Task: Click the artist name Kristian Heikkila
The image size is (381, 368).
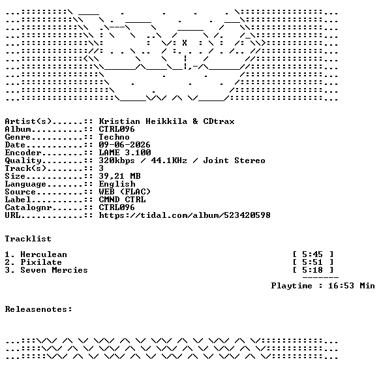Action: coord(143,121)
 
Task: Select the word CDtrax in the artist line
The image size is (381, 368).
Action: coord(219,121)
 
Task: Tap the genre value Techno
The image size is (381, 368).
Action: coord(114,137)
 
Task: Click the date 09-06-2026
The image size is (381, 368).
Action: coord(125,145)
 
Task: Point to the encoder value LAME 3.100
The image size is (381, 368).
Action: coord(125,153)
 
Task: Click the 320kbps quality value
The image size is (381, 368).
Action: coord(117,161)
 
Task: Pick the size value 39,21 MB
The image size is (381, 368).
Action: coord(119,176)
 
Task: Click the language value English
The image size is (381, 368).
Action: coord(117,184)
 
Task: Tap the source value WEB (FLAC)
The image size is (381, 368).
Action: coord(125,192)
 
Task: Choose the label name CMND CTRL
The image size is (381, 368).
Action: coord(122,200)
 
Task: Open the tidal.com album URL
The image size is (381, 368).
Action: coord(185,215)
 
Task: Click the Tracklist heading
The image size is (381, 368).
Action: coord(28,239)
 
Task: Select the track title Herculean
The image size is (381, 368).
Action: coord(44,254)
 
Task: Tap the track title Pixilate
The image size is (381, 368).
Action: coord(41,262)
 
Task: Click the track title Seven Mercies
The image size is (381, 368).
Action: coord(54,270)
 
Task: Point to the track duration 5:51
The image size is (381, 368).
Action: coord(312,262)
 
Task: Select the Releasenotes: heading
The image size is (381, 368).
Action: coord(38,309)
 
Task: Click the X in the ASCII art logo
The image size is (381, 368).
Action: coord(185,43)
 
